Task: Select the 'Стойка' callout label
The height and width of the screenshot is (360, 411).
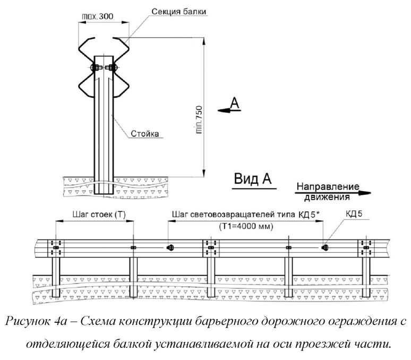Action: point(144,134)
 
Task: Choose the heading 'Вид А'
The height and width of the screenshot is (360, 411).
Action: point(253,179)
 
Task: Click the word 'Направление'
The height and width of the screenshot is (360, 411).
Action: point(327,187)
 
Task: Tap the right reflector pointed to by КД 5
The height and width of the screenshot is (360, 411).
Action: point(326,247)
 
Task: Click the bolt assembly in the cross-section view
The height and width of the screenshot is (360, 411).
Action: point(103,68)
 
